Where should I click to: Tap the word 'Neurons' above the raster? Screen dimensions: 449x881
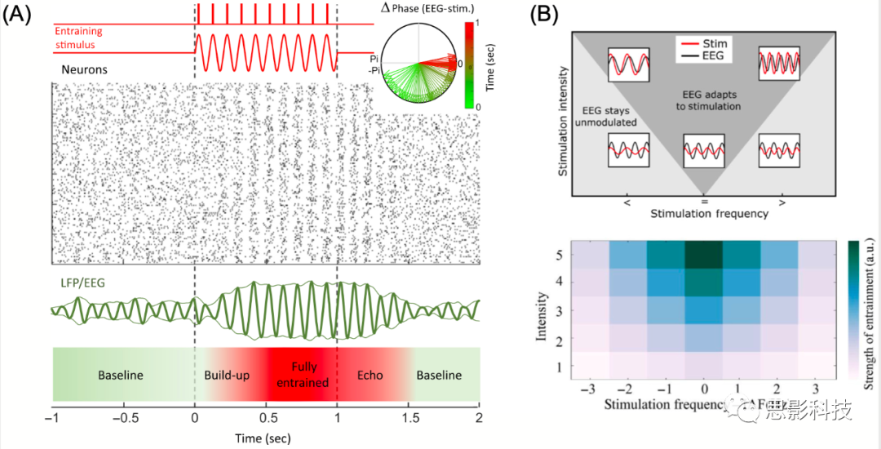pos(85,70)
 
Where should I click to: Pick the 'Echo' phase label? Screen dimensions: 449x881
pos(370,376)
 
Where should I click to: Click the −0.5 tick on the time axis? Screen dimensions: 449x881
pos(124,417)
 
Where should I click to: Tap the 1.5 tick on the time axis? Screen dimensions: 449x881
pos(408,417)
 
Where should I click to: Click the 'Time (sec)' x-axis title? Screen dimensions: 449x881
pos(263,438)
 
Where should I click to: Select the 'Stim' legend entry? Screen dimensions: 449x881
pos(711,42)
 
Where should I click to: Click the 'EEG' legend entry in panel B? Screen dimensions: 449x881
pos(711,56)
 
